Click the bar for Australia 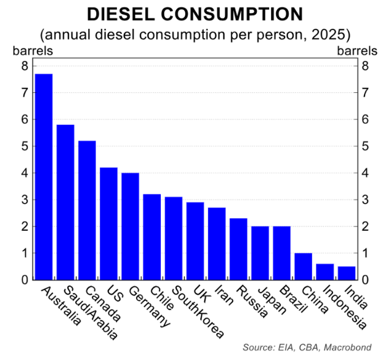coord(44,177)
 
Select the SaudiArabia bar coord(65,202)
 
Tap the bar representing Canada coord(87,210)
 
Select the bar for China coord(303,266)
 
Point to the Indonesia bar coord(325,272)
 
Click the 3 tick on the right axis coord(366,200)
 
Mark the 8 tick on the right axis coord(366,66)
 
